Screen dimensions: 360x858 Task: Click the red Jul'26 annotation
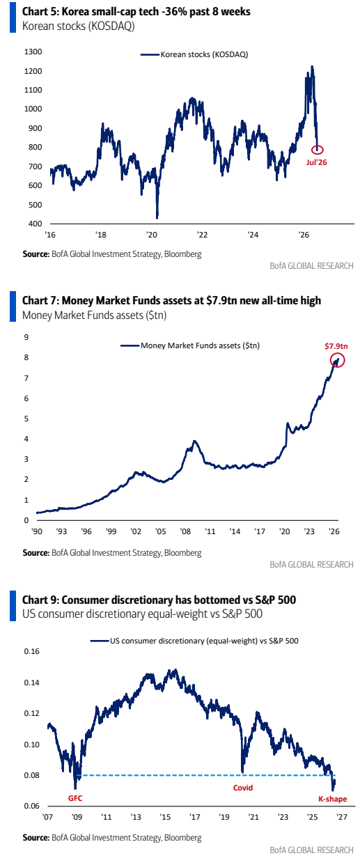[316, 162]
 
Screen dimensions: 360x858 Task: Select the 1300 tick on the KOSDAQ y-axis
[33, 52]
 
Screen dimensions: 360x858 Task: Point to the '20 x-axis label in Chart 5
[152, 235]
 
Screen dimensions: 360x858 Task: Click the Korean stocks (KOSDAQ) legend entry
[194, 54]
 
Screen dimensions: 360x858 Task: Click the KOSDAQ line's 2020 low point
[157, 217]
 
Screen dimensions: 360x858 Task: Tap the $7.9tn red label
[336, 346]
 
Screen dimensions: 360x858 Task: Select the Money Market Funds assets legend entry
[190, 345]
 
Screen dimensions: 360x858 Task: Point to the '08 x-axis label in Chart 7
[186, 531]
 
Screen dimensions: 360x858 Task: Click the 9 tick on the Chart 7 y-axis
[26, 337]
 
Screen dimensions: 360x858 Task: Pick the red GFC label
[75, 798]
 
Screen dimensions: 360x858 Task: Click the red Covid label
[243, 788]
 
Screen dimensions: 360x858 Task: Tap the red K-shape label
[333, 799]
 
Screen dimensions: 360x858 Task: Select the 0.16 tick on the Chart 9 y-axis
[32, 651]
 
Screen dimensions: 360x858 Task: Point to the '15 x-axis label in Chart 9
[165, 817]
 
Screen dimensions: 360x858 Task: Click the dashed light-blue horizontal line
[205, 775]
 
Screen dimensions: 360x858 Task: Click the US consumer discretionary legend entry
[194, 641]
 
